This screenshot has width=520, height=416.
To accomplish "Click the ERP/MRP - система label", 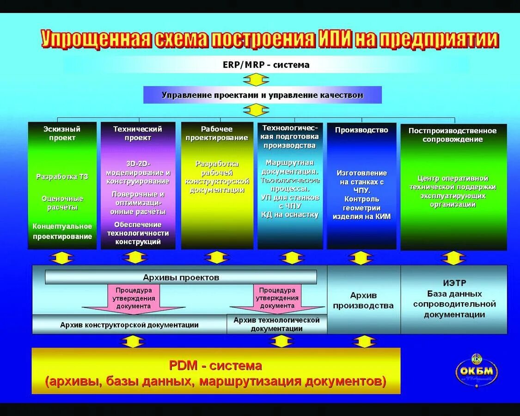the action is (266, 65).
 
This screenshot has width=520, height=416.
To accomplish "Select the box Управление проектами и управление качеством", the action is (263, 95).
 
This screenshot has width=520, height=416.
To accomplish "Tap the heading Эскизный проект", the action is (62, 133).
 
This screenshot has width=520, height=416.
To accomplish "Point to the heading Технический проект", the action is (138, 133).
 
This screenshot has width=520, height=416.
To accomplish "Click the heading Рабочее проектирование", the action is (217, 133).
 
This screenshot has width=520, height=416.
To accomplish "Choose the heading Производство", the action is (361, 130).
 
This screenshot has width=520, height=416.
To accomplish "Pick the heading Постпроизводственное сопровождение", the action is (452, 135).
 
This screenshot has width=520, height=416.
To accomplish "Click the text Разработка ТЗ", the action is (62, 177).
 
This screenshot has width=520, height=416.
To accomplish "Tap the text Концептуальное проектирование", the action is (62, 231).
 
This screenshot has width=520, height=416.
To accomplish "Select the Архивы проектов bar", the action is (181, 277).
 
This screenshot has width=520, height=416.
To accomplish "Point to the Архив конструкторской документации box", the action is (129, 325).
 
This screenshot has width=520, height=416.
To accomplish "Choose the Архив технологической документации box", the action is (276, 324).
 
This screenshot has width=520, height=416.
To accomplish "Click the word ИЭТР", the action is (454, 282).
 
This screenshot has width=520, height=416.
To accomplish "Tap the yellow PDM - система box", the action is (215, 371).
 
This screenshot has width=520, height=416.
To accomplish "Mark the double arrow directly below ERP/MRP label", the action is (256, 80).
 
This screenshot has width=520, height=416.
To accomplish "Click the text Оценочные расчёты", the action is (62, 203).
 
